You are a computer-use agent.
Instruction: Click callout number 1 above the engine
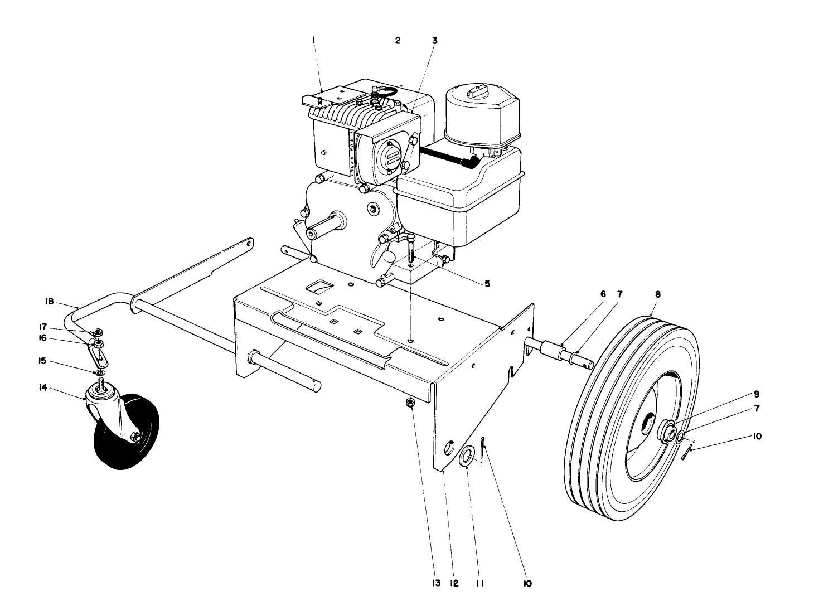pos(314,40)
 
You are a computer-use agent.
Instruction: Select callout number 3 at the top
pos(434,41)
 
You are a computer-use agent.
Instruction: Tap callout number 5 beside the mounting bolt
pos(487,284)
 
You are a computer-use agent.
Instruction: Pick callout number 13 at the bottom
pos(436,583)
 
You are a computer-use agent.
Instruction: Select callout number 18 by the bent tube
pos(49,302)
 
